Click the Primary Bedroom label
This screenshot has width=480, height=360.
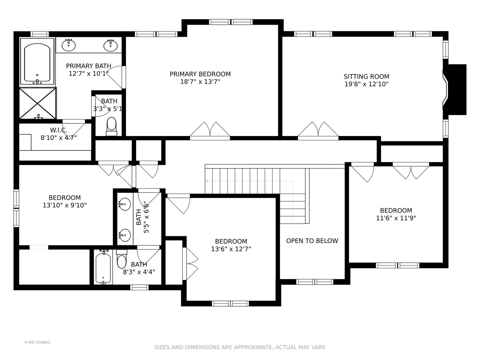[x=200, y=74]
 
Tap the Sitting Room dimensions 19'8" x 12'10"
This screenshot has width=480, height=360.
[x=367, y=84]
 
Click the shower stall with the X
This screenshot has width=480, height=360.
[x=38, y=103]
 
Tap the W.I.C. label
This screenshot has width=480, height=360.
[x=59, y=130]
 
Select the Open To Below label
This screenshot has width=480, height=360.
[x=312, y=241]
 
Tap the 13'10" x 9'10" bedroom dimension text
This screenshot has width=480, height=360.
[x=65, y=205]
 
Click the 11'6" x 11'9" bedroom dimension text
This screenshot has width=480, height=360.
[x=396, y=218]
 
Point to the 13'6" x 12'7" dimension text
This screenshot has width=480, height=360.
[x=231, y=249]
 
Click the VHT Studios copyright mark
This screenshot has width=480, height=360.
[x=37, y=342]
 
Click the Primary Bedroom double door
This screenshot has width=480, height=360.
[x=210, y=131]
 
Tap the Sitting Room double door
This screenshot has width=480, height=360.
[x=318, y=131]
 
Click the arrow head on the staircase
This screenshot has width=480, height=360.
[x=207, y=181]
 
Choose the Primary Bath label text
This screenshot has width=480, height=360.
[x=89, y=66]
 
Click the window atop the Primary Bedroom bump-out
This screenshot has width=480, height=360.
[x=231, y=22]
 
